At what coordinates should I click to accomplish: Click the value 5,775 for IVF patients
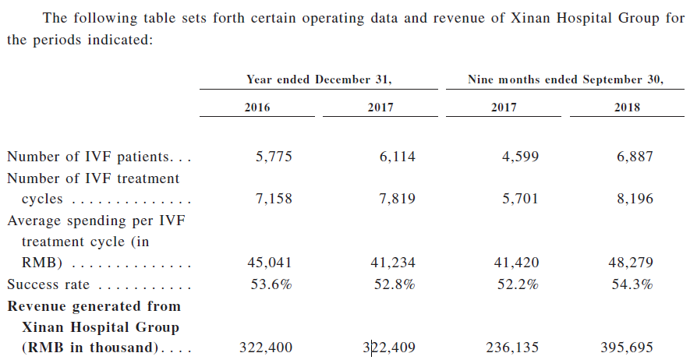point(274,157)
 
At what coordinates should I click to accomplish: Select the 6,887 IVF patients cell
point(634,157)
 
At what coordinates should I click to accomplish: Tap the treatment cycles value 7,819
point(397,199)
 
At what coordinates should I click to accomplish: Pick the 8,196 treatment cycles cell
point(634,199)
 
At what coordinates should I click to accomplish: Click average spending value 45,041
point(270,263)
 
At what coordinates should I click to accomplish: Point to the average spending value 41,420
point(515,263)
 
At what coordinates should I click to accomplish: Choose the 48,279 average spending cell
point(630,263)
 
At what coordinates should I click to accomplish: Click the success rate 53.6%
point(271,284)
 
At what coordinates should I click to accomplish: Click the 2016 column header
point(257,108)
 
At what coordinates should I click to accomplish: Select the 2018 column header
point(627,108)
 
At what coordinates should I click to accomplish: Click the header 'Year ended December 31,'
point(319,79)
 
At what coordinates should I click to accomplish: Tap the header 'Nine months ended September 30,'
point(565,79)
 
